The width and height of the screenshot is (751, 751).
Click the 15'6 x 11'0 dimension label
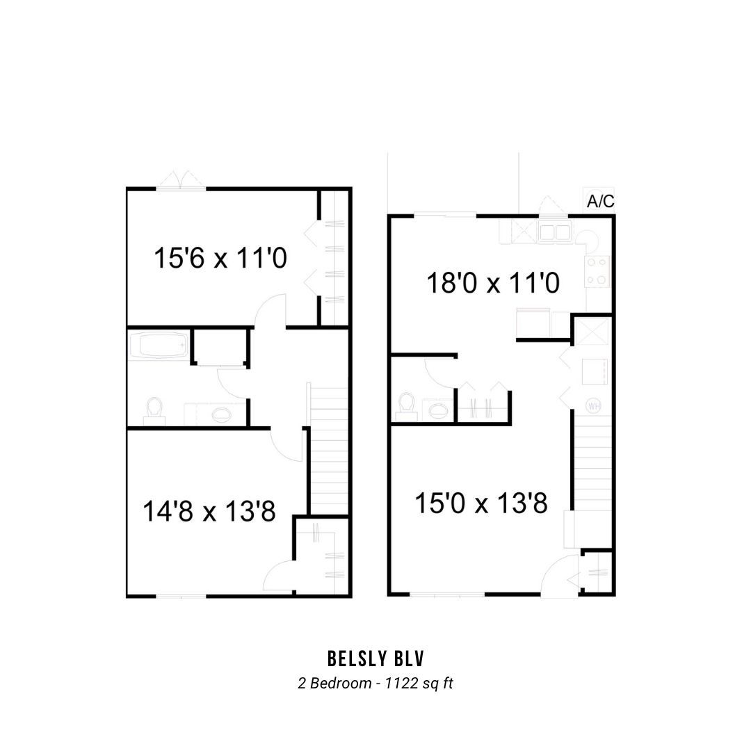220,258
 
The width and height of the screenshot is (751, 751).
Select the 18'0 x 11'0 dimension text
493,282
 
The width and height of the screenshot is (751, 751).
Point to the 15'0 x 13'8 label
481,503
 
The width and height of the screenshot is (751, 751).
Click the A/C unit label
601,201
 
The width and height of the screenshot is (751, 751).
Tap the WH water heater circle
593,407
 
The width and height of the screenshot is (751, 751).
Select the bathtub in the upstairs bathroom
158,344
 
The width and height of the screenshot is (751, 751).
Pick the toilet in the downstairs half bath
406,407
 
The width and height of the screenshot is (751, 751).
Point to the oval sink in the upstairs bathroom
221,414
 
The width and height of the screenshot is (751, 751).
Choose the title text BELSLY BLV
376,659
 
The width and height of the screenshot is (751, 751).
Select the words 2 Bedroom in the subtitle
334,683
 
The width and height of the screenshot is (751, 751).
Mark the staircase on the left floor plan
328,449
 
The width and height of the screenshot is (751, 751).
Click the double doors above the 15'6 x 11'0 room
181,181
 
